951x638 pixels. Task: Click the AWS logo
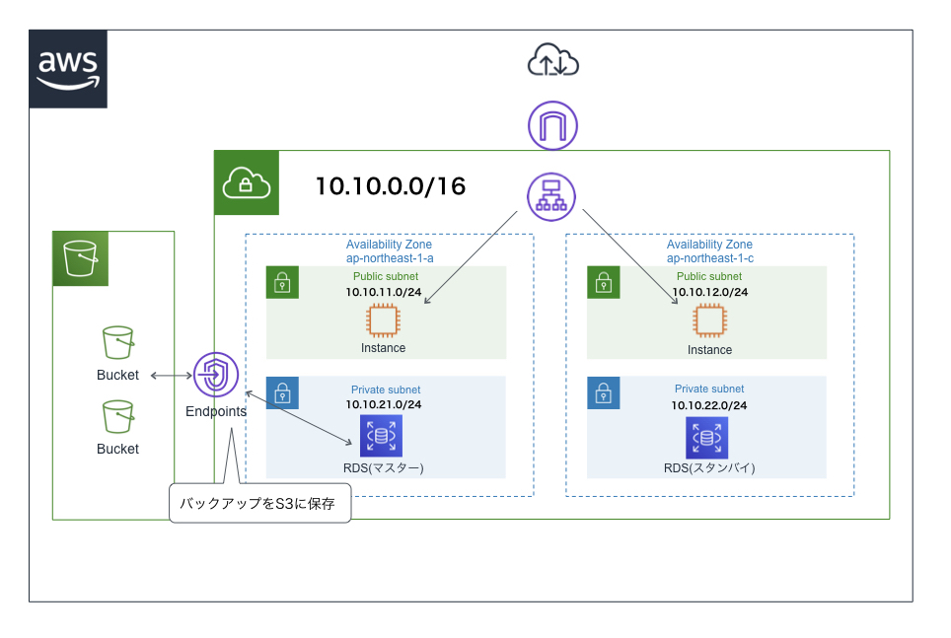tap(68, 69)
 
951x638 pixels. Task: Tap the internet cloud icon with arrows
tap(552, 61)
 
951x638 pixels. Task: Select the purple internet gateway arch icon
tap(552, 126)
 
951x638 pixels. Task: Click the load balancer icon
tap(552, 194)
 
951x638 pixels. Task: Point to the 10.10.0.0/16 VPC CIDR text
tap(391, 186)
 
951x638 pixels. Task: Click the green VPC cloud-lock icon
tap(247, 183)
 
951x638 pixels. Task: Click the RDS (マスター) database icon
tap(381, 436)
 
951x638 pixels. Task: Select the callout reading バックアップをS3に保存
tap(259, 503)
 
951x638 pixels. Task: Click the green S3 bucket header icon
tap(80, 258)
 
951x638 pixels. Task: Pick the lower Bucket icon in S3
tap(117, 417)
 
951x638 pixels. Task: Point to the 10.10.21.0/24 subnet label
tap(383, 404)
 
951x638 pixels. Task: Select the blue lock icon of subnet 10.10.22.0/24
tap(604, 392)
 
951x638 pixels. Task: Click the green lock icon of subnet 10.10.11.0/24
tap(282, 283)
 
